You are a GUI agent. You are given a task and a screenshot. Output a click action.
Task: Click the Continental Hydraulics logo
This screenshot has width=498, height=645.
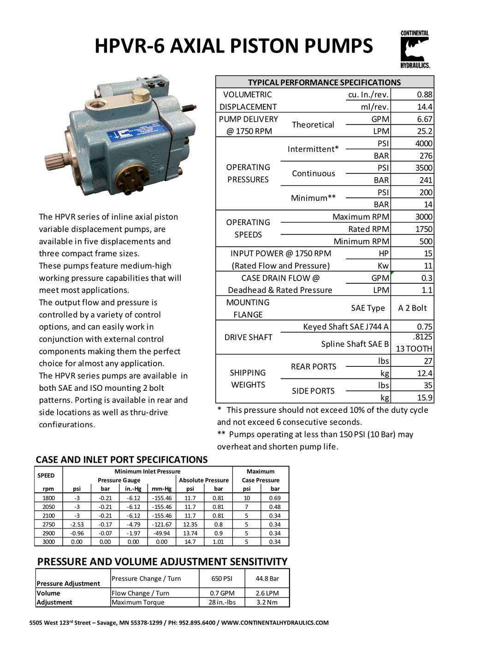(x=415, y=49)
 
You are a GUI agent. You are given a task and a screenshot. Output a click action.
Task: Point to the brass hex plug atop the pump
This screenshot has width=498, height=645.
(x=139, y=97)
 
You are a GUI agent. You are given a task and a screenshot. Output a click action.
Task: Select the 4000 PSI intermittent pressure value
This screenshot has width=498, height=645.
(x=424, y=143)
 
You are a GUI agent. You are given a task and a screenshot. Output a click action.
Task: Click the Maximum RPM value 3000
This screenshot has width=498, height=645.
(x=423, y=217)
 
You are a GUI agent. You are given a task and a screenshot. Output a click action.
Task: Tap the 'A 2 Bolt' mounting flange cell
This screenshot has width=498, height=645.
(x=412, y=308)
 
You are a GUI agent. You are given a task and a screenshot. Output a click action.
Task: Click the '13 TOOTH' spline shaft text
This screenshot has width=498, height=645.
(x=414, y=349)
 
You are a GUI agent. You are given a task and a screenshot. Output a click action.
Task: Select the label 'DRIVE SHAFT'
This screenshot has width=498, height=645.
(x=248, y=337)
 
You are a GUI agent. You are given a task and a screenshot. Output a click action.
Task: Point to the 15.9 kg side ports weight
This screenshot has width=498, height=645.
(x=424, y=398)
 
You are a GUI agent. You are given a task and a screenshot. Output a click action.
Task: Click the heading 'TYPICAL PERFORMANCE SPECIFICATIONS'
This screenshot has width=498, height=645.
(x=324, y=83)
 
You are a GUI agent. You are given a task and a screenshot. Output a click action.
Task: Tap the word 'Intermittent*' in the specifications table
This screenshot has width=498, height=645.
(x=313, y=149)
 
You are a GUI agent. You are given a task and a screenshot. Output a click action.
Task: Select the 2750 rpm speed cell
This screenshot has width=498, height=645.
(x=48, y=525)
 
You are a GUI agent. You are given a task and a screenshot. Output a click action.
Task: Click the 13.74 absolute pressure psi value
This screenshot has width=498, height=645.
(x=190, y=533)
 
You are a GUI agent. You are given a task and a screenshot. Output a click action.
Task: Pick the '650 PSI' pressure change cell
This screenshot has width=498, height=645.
(x=222, y=579)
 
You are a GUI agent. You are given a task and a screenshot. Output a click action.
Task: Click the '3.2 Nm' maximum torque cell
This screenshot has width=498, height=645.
(x=267, y=602)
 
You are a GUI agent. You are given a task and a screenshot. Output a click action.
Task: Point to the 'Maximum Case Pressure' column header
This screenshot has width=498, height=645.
(x=261, y=476)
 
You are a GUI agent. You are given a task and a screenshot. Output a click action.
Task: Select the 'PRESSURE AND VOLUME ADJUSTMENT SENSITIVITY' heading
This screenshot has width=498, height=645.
(x=162, y=561)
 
